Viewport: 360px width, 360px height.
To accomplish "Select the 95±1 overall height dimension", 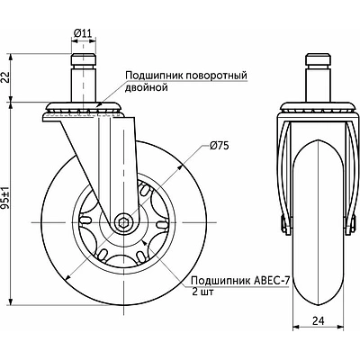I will point(8,200).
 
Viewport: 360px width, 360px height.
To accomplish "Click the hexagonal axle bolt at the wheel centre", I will point(123,221).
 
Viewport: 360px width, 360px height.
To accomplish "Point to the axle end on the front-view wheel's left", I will point(286,221).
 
